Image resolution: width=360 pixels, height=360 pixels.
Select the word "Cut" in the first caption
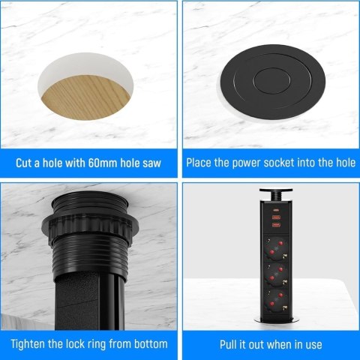[26, 162]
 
